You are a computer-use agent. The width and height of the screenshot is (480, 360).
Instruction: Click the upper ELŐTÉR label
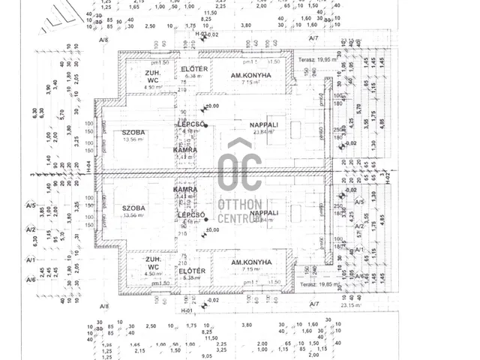coord(193,68)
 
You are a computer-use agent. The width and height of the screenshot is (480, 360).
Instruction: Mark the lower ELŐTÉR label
coord(193,269)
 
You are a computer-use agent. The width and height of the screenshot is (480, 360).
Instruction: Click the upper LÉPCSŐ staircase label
coord(192,124)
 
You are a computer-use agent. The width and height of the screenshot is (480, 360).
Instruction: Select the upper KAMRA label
coord(185,150)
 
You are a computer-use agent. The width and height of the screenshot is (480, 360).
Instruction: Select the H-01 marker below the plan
coord(187,310)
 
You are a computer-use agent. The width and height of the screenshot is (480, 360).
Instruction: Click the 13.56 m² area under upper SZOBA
coord(132,139)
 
